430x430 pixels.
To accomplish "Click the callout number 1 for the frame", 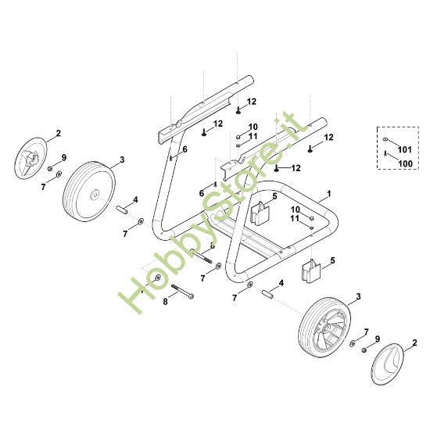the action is tap(329, 194).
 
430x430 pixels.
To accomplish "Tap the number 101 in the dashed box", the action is tap(405, 150).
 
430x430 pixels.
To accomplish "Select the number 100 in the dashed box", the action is tap(405, 163).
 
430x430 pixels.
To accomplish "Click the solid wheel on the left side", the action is tap(89, 192).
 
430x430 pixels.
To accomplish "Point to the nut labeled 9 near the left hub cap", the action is tap(51, 168).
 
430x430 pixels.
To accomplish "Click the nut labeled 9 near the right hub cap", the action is tap(364, 350).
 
